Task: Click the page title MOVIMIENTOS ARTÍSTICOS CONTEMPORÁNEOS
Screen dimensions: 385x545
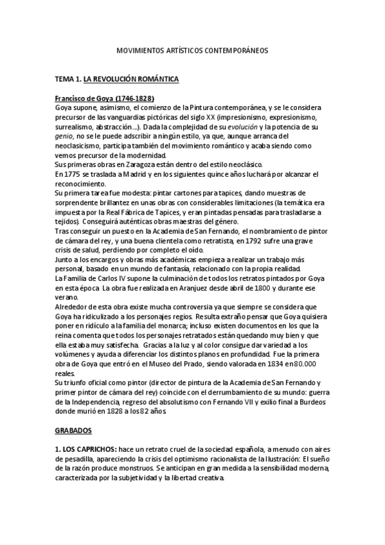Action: click(192, 49)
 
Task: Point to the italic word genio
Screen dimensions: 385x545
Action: click(64, 136)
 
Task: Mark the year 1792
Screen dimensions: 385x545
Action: click(247, 240)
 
